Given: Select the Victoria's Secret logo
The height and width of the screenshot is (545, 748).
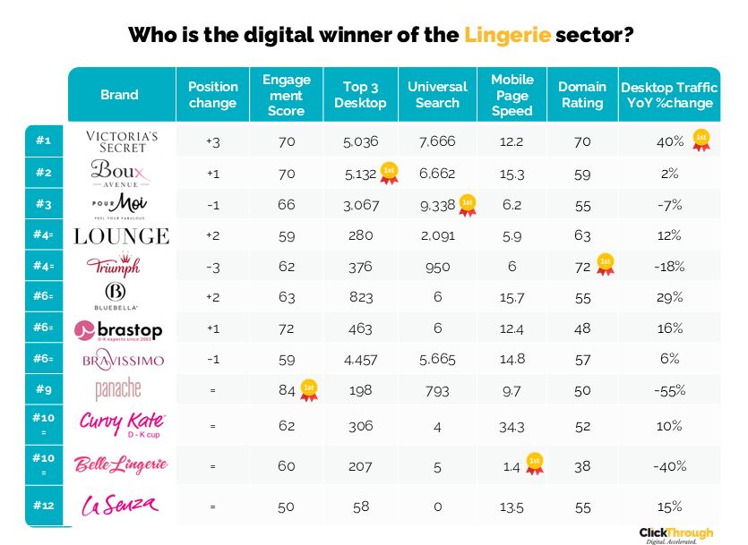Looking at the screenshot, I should point(122,141).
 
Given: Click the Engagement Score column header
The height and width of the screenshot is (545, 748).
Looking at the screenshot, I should point(287,95).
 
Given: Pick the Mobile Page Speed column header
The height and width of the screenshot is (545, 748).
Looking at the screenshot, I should point(512,95).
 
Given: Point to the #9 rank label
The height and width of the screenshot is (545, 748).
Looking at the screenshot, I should point(44,389).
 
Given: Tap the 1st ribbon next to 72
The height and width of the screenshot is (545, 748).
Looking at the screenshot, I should point(606,264).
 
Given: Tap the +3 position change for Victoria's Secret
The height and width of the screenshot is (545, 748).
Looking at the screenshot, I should point(212,141).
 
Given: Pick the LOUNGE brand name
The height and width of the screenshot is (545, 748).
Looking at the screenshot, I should point(121,236).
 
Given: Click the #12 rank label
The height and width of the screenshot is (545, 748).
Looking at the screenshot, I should point(44,506).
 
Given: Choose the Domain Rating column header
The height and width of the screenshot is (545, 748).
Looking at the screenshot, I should point(581,95).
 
